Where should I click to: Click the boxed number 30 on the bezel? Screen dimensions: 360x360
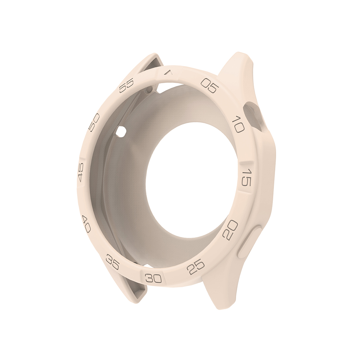[x=154, y=278]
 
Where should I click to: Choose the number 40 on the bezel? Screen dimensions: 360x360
[x=86, y=224]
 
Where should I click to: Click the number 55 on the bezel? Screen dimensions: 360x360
[x=126, y=85]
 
